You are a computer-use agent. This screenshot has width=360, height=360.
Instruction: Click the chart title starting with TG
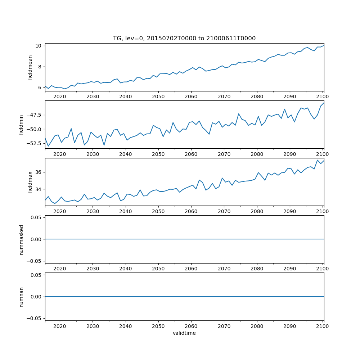184,39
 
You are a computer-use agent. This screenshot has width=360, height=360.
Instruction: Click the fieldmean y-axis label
30,67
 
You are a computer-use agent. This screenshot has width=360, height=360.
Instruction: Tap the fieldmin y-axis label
21,125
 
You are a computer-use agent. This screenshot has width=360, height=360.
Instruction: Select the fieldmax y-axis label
30,182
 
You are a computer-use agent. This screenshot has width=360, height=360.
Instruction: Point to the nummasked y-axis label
21,239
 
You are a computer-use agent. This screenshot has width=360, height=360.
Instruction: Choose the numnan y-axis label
21,297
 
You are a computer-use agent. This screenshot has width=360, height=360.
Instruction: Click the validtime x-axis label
184,333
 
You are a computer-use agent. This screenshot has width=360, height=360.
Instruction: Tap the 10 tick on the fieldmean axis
39,46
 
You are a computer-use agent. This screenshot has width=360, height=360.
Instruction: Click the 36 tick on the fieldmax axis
39,172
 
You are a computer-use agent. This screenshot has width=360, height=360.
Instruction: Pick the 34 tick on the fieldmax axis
39,189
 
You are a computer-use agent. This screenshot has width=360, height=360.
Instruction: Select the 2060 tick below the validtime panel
191,326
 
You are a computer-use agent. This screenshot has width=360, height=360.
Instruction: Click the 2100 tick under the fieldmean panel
323,96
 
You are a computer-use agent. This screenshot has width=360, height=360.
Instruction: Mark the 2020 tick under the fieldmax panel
60,211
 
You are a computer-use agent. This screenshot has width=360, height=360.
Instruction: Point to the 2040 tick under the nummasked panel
125,269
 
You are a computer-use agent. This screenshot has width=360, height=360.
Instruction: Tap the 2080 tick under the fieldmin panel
257,154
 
